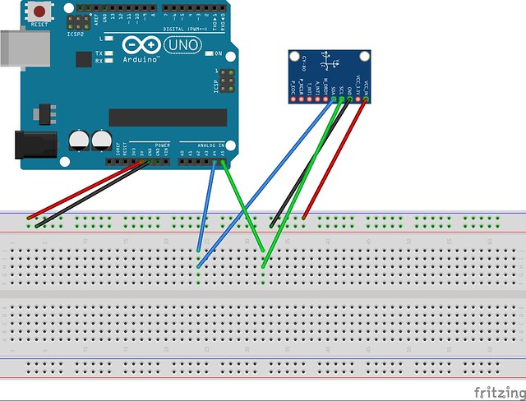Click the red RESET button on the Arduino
tap(39, 12)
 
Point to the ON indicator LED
tap(208, 53)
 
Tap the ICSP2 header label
tap(77, 35)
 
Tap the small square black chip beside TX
tap(83, 59)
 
